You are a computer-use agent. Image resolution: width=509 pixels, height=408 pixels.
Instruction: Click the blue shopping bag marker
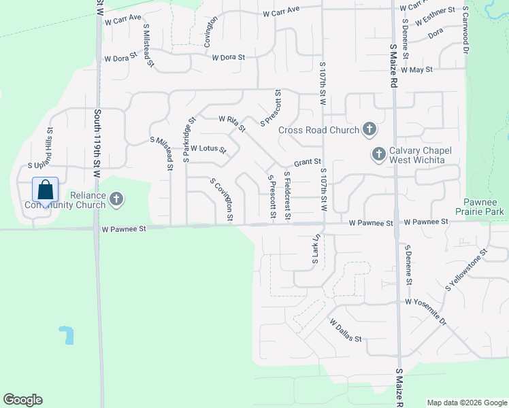coord(45,191)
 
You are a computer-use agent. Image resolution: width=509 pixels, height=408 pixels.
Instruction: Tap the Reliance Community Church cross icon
coord(116,199)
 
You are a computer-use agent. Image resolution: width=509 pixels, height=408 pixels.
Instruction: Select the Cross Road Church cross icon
coord(369,129)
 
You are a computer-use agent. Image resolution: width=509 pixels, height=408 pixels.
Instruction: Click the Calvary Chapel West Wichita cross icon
coord(378,154)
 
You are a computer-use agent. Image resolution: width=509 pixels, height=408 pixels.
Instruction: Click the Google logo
coord(22,399)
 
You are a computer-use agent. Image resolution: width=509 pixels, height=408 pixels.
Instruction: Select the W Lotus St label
coord(208,148)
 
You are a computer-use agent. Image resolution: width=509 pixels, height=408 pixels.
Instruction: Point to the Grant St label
coord(307,163)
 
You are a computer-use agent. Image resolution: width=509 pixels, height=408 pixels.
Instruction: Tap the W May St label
coord(417,69)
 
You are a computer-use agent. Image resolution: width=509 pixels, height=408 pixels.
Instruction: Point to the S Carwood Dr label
coord(466,31)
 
